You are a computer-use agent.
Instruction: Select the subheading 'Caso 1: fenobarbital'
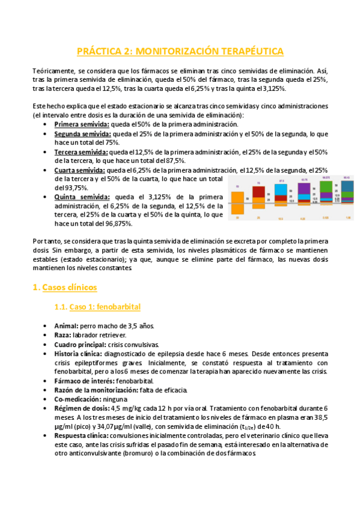tap(105, 307)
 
